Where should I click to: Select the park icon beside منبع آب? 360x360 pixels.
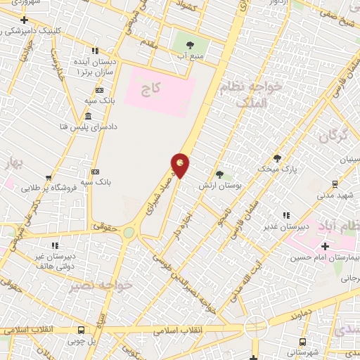(189, 45)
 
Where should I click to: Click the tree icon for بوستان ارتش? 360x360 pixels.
(219, 174)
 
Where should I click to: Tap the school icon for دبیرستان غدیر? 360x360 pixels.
(285, 214)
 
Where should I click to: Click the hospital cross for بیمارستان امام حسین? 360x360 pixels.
(325, 246)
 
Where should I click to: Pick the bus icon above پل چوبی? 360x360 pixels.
(82, 329)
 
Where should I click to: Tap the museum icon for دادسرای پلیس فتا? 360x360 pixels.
(88, 116)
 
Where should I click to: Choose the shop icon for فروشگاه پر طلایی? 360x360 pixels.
(48, 178)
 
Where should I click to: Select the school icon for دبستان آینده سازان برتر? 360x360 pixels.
(95, 51)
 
